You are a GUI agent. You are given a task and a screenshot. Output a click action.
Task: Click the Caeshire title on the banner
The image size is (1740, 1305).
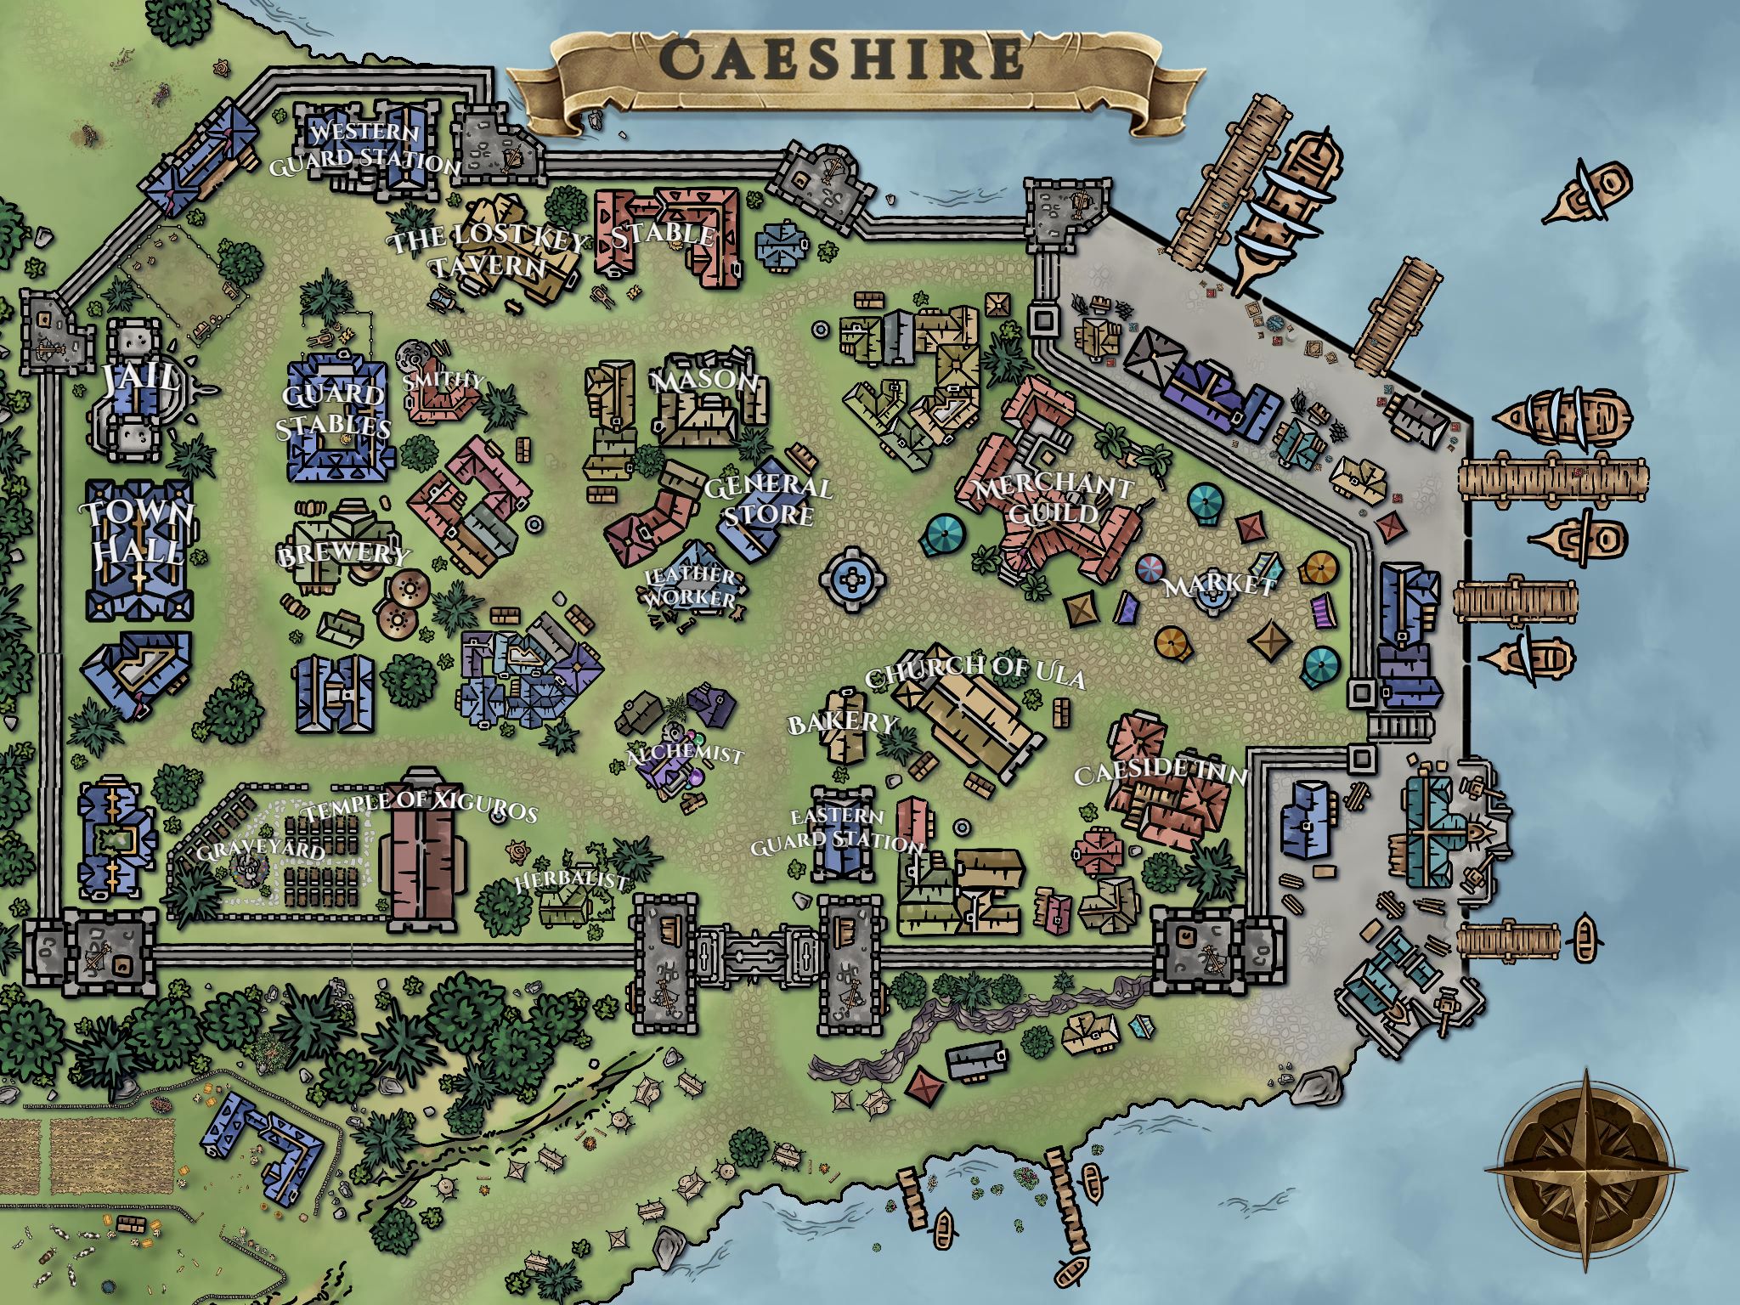[841, 59]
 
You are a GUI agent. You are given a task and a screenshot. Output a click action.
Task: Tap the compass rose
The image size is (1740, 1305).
[1585, 1171]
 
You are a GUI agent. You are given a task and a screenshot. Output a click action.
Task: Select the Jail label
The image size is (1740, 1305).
[141, 378]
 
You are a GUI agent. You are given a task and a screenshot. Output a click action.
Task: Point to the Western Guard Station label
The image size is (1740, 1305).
[364, 147]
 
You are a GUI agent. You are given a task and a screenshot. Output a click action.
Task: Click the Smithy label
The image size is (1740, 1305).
[442, 380]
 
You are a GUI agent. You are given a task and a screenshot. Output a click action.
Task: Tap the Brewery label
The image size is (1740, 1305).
[342, 554]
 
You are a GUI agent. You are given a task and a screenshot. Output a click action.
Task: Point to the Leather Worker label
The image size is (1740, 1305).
[690, 587]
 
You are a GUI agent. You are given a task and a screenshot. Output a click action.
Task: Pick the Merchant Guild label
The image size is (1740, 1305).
[1052, 500]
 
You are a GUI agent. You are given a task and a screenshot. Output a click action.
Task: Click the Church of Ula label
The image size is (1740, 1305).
[975, 672]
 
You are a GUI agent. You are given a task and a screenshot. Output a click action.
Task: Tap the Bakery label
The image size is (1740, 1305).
[841, 724]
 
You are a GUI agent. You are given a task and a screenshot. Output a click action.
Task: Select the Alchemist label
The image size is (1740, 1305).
[684, 755]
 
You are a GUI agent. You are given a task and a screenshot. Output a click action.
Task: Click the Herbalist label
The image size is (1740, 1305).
[571, 881]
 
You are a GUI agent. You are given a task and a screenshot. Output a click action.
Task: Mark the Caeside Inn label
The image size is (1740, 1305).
[1161, 772]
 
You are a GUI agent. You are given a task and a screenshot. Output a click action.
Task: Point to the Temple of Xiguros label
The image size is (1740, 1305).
[421, 807]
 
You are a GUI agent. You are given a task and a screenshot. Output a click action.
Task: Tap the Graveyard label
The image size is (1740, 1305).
[261, 850]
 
